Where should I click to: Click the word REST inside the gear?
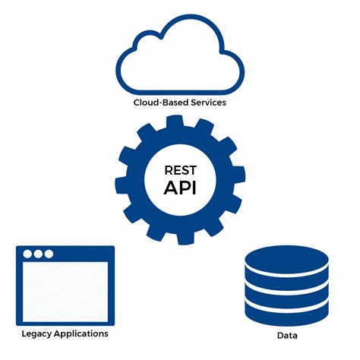[x=180, y=171]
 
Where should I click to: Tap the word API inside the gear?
[x=180, y=188]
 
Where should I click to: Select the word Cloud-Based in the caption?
[x=157, y=102]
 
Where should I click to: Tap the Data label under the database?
[x=287, y=336]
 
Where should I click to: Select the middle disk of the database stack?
[x=287, y=286]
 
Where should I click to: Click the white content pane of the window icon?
[x=65, y=292]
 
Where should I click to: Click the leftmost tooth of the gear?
[x=122, y=180]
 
